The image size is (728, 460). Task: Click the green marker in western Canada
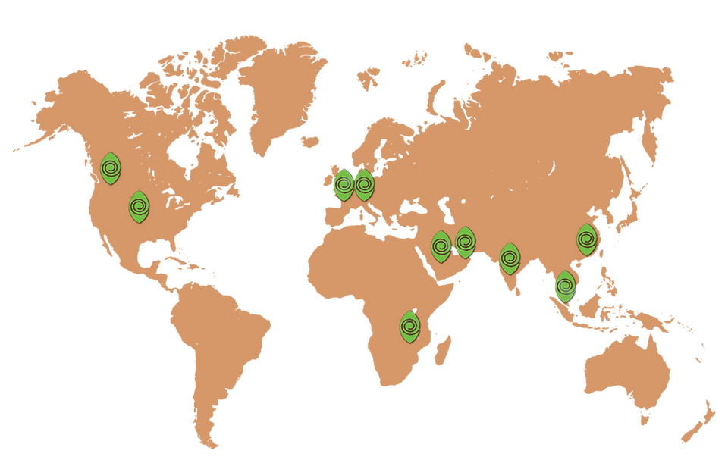tap(111, 168)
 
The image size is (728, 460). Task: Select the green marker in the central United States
tap(139, 207)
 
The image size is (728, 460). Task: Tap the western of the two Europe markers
tap(344, 184)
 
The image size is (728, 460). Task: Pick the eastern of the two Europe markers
tap(364, 184)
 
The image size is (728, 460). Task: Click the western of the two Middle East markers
tap(441, 246)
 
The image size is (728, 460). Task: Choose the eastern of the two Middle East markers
tap(465, 243)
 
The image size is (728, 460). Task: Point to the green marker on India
tap(510, 259)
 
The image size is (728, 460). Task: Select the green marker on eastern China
tap(586, 239)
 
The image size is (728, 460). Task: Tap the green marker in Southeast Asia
tap(565, 286)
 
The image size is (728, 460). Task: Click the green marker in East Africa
tap(409, 327)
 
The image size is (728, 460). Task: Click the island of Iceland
tap(309, 141)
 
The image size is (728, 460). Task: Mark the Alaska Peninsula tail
tap(23, 147)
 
